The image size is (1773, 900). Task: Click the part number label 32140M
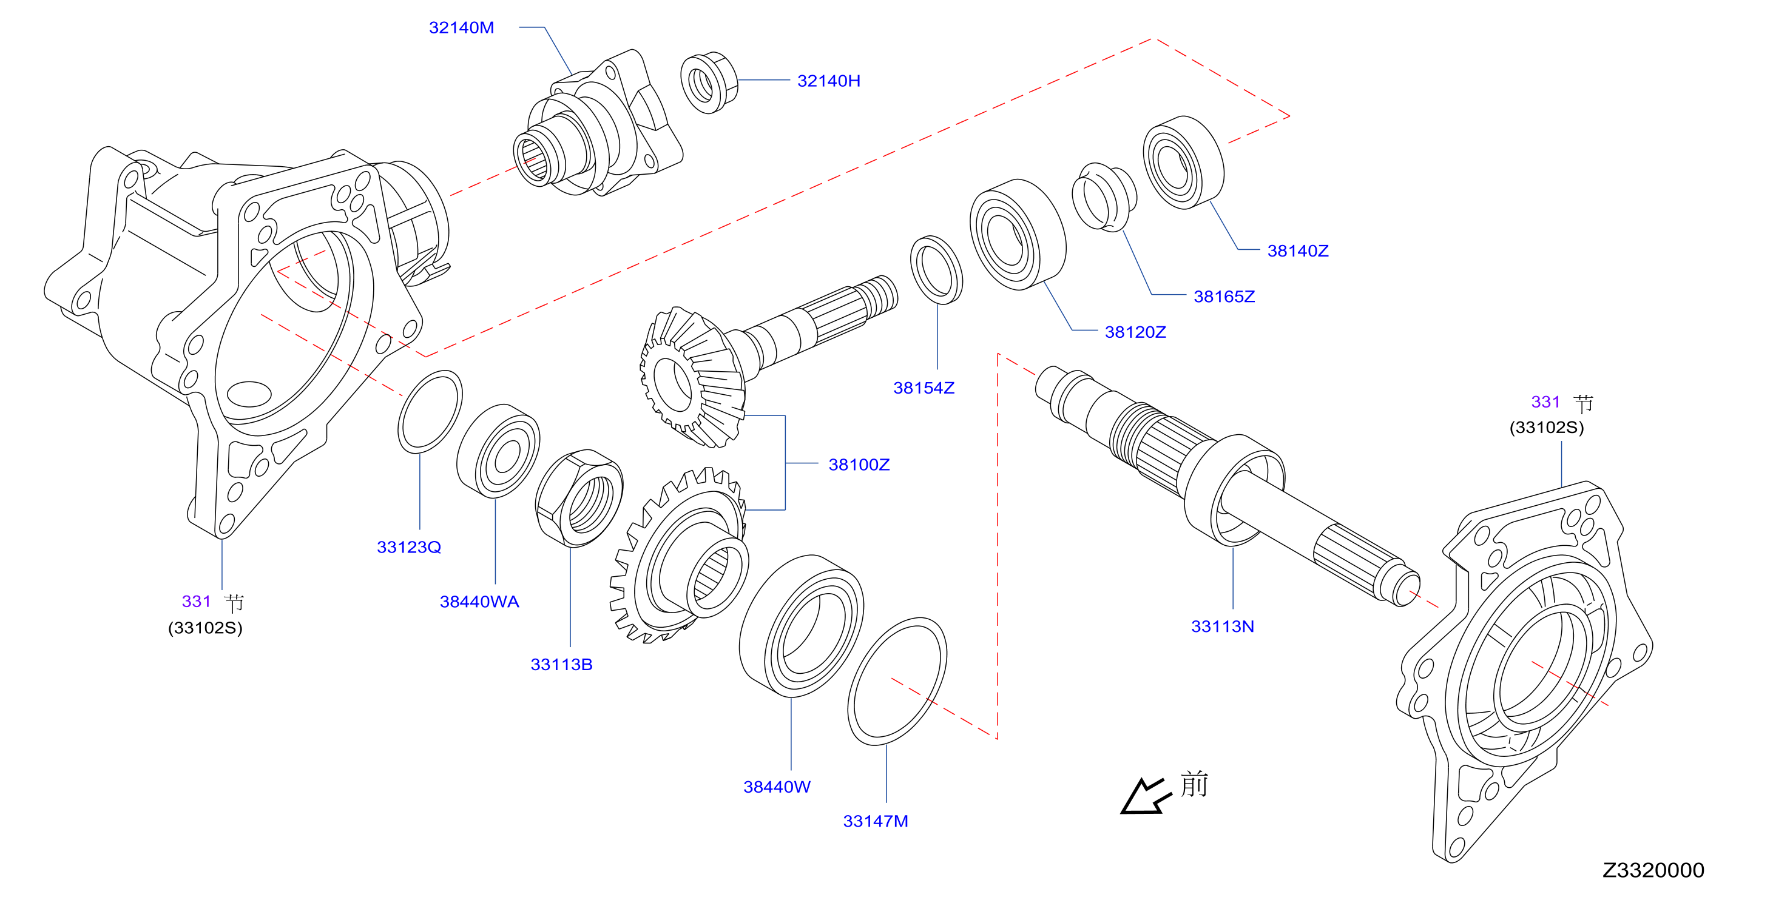(461, 27)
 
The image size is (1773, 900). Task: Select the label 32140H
(829, 81)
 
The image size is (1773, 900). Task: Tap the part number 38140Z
(1298, 250)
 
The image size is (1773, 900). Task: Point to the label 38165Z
(1224, 297)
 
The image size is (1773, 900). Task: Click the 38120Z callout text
(1136, 332)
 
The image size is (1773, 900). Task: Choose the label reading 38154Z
(924, 388)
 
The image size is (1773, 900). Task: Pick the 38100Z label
(859, 465)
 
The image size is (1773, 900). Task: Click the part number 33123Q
(409, 548)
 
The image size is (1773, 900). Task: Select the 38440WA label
(480, 602)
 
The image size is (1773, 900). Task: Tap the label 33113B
(562, 665)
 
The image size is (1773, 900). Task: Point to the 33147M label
(876, 822)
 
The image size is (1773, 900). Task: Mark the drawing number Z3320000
(1653, 870)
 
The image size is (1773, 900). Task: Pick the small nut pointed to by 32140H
(709, 82)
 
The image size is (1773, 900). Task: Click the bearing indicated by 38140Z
(1184, 163)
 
